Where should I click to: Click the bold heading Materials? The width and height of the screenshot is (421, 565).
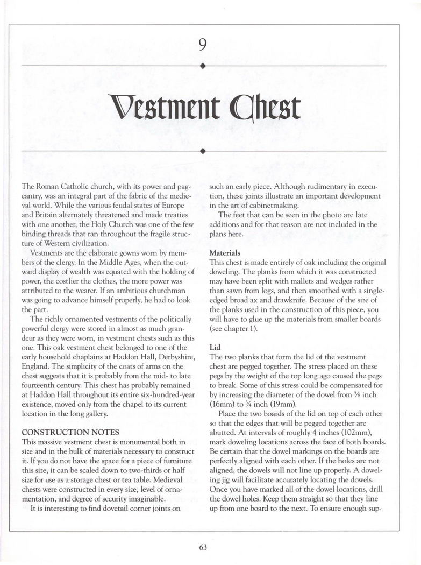pyautogui.click(x=225, y=252)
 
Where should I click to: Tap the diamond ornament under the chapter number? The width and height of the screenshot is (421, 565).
pyautogui.click(x=202, y=66)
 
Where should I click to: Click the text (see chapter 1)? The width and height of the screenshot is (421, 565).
pyautogui.click(x=233, y=328)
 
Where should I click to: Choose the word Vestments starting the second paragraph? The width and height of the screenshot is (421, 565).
pyautogui.click(x=48, y=252)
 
